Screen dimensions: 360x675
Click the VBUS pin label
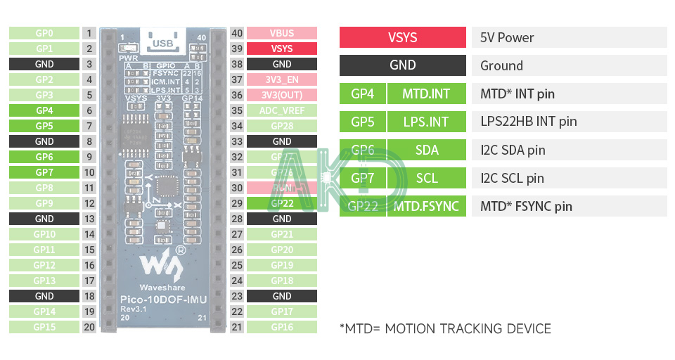tap(282, 33)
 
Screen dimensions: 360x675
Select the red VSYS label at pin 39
tap(282, 49)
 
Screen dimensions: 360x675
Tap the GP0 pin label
tap(44, 33)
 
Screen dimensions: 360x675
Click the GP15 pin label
tap(44, 327)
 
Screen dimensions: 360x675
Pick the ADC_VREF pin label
tap(282, 110)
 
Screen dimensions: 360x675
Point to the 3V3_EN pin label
tap(282, 79)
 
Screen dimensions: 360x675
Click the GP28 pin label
tap(282, 126)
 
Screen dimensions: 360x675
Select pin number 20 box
tap(89, 327)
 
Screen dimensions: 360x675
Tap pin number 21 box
tap(237, 327)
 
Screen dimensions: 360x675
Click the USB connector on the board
tap(163, 42)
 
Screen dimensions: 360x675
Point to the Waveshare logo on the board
tap(162, 264)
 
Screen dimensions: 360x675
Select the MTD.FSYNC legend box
tap(426, 206)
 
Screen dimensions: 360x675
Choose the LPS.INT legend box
tap(426, 122)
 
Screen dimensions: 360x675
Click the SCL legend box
tap(426, 178)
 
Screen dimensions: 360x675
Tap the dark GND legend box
tap(403, 65)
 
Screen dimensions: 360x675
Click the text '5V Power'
tap(507, 37)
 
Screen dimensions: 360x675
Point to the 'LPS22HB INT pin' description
tap(528, 122)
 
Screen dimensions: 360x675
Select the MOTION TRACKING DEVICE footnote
tap(445, 328)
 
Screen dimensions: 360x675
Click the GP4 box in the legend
tap(363, 94)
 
